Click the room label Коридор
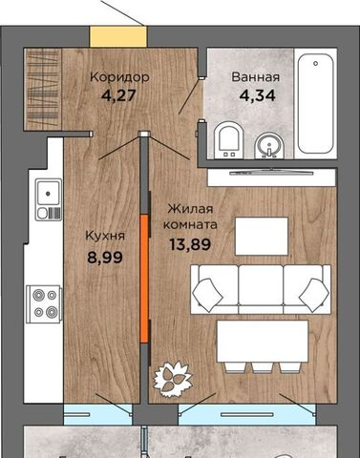pos(119,77)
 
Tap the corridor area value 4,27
pos(118,95)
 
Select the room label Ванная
pos(256,77)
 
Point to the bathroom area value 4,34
pos(257,95)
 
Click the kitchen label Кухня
pos(105,237)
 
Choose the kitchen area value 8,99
pos(105,257)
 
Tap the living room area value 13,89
pos(190,244)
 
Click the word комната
pos(190,225)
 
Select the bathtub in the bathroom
pos(315,103)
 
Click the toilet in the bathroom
pos(228,141)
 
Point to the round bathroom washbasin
pos(269,146)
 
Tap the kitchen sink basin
pos(49,193)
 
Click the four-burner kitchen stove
pos(44,304)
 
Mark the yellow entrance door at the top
pos(118,37)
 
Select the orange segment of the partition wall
pos(144,279)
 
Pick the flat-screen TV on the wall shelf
pos(271,173)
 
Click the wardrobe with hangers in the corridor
pos(43,90)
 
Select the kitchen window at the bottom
pos(97,414)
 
